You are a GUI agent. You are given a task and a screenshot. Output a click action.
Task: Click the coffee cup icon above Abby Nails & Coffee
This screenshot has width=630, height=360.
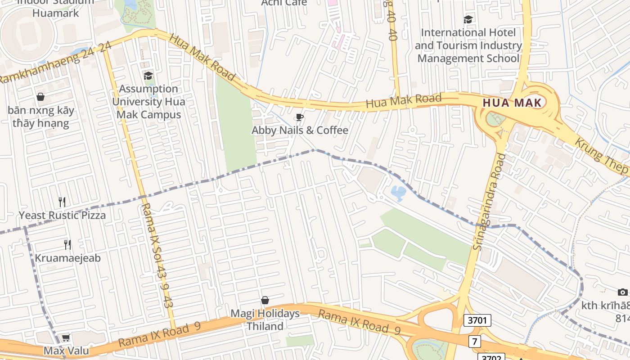pos(299,117)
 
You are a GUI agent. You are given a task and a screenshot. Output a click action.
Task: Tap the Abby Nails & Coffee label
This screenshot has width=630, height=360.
pos(300,130)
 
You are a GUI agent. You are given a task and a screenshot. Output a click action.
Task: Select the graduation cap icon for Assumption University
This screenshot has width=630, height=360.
pos(148,76)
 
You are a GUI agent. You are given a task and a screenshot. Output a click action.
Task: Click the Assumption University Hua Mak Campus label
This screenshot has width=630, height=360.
pos(148,102)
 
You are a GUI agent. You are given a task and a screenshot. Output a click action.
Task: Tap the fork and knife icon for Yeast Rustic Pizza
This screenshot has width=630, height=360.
pos(62,202)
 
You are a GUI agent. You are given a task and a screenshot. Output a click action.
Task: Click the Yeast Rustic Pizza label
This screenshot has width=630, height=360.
pos(62,216)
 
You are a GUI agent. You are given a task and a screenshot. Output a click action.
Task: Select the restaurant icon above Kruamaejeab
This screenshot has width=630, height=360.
pos(67,244)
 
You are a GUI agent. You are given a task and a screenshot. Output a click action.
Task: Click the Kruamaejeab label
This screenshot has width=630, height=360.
pos(67,258)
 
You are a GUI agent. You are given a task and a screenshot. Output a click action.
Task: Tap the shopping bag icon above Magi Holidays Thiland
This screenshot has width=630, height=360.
pos(265,300)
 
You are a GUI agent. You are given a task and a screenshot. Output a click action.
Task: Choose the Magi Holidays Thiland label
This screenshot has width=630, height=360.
pos(265,319)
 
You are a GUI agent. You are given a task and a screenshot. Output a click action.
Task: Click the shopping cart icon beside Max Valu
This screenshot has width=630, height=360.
pos(66,337)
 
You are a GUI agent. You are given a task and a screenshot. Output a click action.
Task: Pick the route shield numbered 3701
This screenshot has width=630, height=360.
pos(477,320)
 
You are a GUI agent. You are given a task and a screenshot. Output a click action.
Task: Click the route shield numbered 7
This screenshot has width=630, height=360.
pos(474,341)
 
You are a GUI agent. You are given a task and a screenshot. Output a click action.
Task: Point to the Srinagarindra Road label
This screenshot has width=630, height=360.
pos(489,202)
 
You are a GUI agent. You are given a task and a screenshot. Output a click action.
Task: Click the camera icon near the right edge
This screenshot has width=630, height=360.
pos(622,292)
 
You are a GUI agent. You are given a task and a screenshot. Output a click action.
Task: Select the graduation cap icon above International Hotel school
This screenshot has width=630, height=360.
pos(468,19)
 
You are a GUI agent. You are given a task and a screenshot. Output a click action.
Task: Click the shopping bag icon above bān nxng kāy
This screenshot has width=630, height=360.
pos(40,97)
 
